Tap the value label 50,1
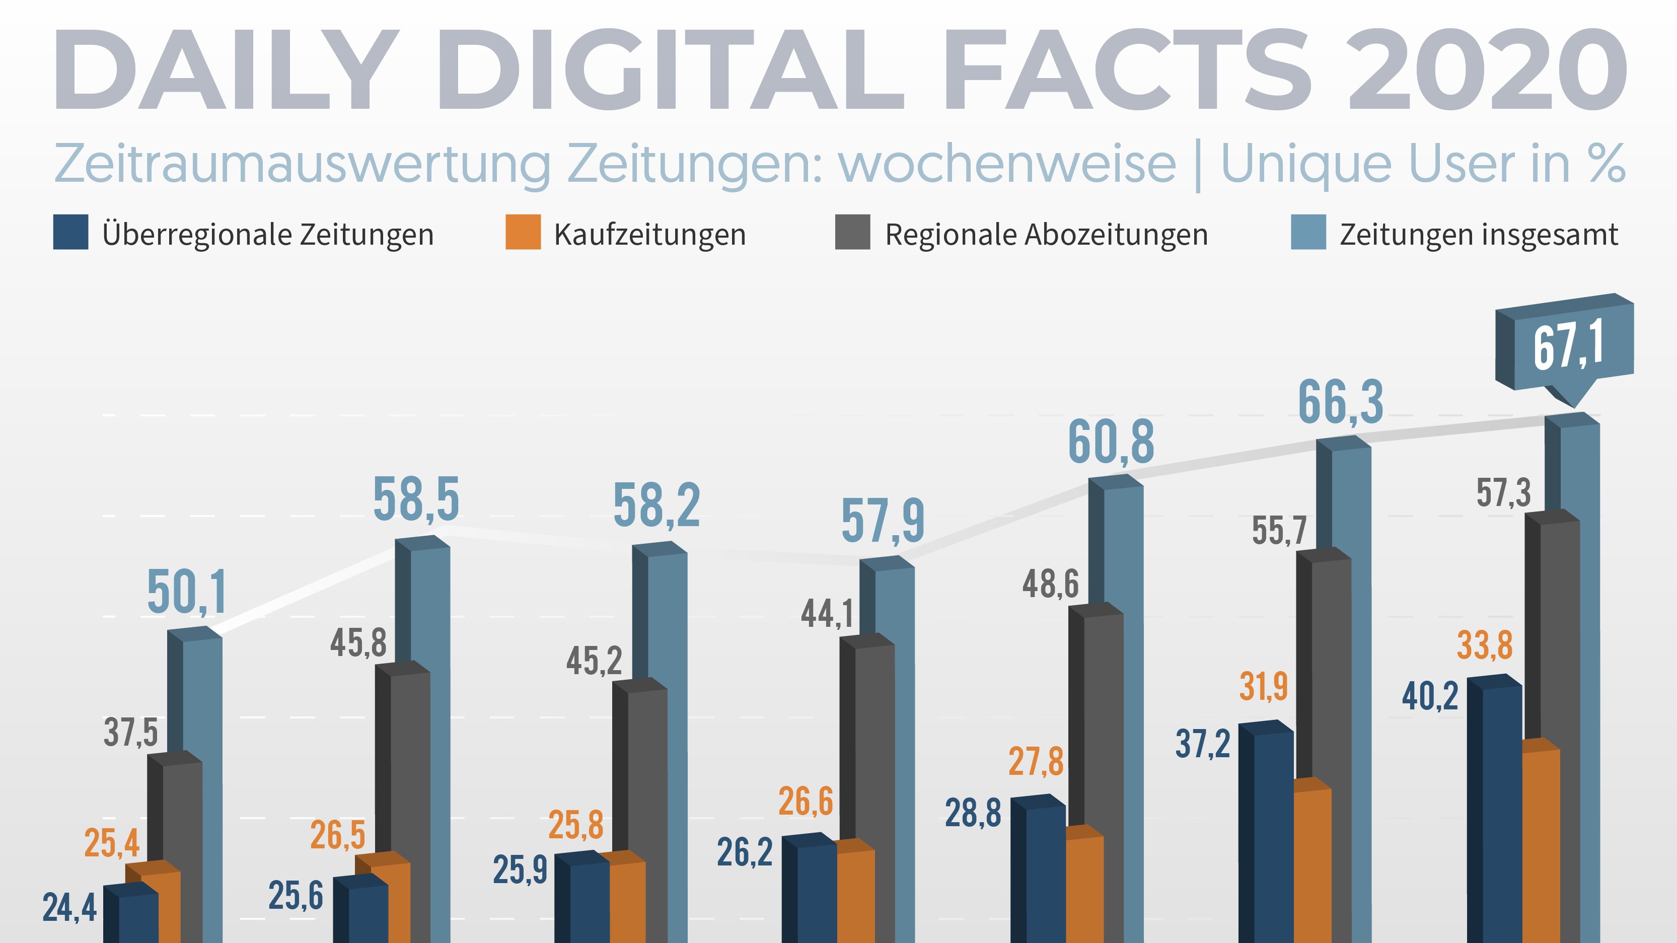click(x=187, y=593)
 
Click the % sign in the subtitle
click(x=1606, y=164)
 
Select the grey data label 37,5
click(x=131, y=733)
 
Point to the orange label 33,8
click(x=1484, y=646)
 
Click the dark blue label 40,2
click(x=1430, y=697)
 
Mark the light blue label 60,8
click(x=1111, y=443)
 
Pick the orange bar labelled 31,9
click(x=1312, y=859)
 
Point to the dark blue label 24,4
click(x=69, y=908)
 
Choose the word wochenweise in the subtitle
click(x=1007, y=164)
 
